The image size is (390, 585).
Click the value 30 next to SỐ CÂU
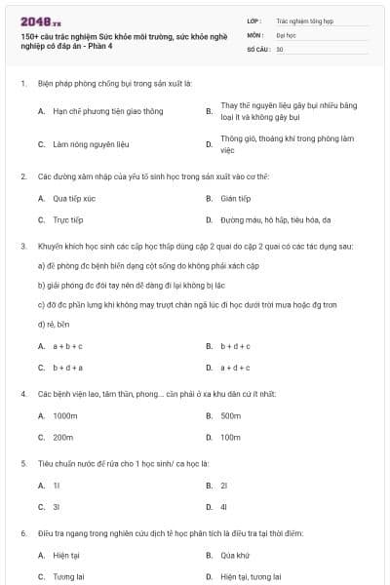(280, 49)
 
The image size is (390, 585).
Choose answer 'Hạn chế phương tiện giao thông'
(96, 111)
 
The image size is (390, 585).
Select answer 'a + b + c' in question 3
(67, 346)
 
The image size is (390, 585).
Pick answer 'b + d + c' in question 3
(235, 346)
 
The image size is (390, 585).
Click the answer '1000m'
(65, 416)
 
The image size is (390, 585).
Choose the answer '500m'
(230, 416)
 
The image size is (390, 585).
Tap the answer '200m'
(63, 438)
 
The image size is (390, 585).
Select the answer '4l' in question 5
(224, 507)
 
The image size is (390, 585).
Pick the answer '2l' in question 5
(224, 485)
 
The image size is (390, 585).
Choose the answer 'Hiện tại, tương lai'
(251, 576)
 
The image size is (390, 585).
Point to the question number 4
(22, 394)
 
